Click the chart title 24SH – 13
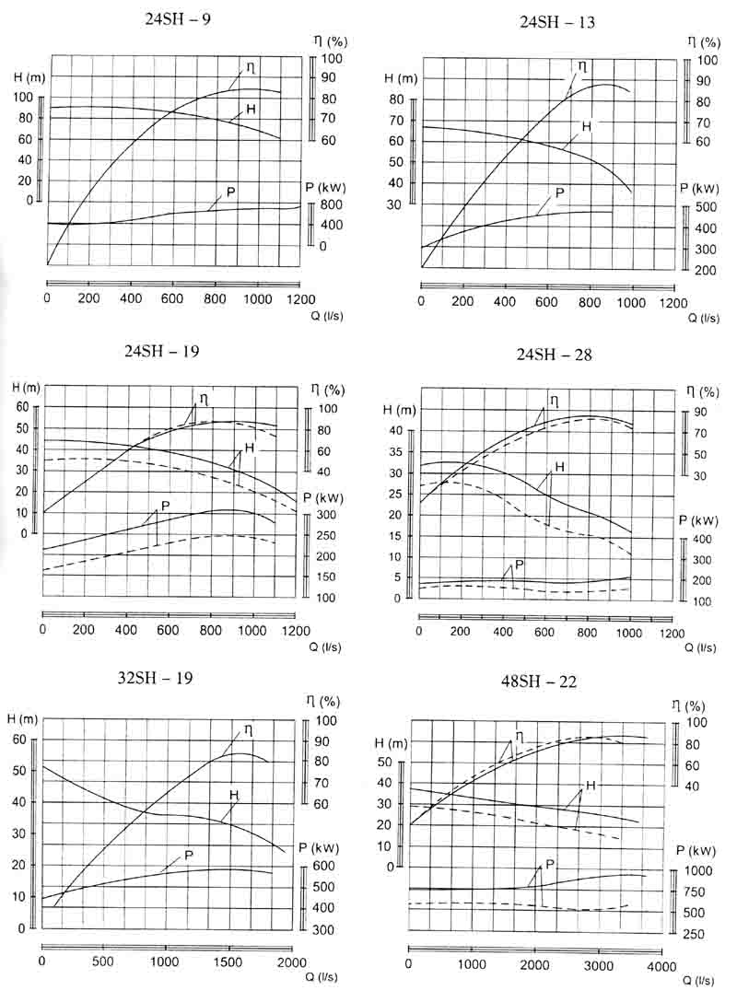click(x=557, y=22)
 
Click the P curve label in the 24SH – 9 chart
click(x=230, y=192)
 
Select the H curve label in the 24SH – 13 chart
click(x=586, y=126)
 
